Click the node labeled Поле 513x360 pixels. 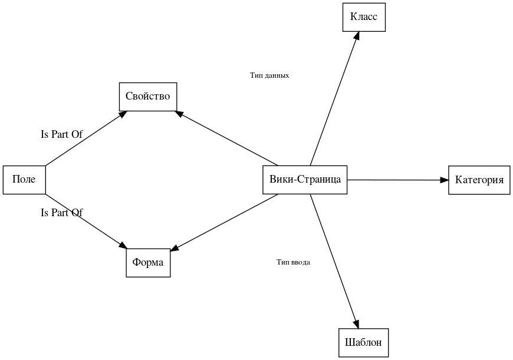pos(24,180)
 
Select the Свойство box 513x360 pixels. pos(148,97)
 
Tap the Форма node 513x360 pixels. pos(148,262)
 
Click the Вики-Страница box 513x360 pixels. pos(305,180)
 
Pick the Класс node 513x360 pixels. pos(364,17)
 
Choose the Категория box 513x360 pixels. pos(479,180)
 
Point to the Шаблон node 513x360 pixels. pos(363,342)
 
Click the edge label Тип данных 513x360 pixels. pos(269,75)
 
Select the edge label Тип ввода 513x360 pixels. pos(293,262)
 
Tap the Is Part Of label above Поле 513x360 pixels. pos(61,134)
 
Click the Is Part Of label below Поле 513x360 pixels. pos(61,213)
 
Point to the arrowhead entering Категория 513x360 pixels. pos(445,180)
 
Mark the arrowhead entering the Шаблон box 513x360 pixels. pos(356,323)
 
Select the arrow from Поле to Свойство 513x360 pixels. pos(85,138)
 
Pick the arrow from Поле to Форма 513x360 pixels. pos(85,220)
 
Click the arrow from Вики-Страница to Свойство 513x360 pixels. pos(230,139)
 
